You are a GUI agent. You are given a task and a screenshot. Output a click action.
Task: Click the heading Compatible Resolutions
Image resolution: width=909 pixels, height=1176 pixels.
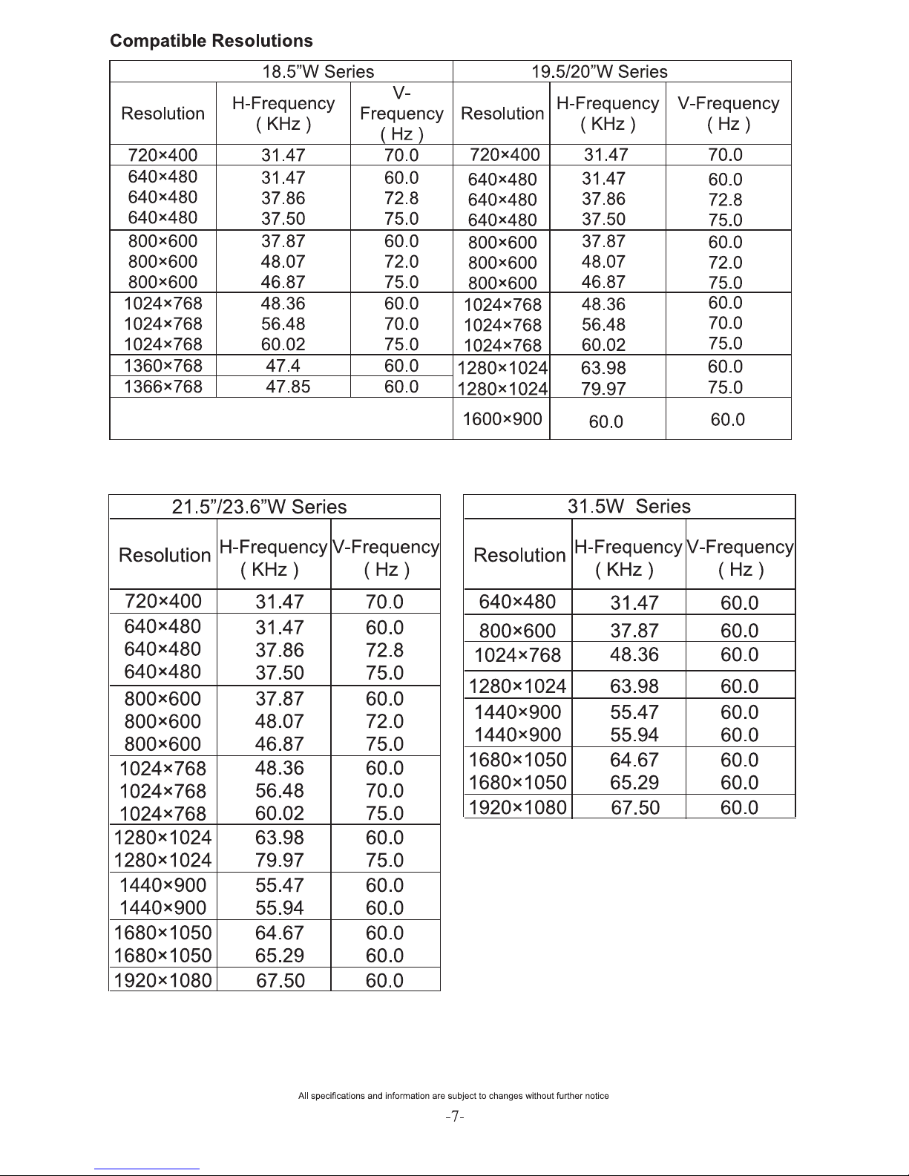click(x=211, y=41)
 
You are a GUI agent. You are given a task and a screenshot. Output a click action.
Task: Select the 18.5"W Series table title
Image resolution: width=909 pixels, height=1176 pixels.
click(x=318, y=72)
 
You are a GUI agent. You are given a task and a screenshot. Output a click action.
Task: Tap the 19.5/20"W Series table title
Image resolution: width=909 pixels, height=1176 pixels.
click(x=600, y=72)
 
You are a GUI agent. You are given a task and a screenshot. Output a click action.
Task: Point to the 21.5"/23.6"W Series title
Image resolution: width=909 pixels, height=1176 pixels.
click(x=259, y=507)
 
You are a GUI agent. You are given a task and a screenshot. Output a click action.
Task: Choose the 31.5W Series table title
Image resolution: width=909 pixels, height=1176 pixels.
click(x=629, y=507)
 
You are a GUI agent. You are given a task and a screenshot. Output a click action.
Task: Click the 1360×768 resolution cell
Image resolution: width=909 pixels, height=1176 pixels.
click(x=163, y=366)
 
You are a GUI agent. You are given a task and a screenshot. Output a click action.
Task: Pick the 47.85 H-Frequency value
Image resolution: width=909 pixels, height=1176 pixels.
click(x=288, y=387)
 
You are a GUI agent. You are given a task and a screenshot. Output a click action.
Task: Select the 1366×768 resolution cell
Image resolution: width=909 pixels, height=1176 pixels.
click(x=163, y=387)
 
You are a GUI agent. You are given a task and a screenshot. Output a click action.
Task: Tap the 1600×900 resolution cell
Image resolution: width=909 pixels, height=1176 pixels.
click(x=502, y=419)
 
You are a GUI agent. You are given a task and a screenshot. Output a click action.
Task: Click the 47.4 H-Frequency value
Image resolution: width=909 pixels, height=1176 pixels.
click(x=283, y=366)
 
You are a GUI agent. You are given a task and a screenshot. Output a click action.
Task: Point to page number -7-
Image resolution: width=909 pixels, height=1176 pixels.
click(x=455, y=1117)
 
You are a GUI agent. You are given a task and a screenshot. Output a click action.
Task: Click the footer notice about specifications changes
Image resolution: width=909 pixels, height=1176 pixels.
click(x=453, y=1096)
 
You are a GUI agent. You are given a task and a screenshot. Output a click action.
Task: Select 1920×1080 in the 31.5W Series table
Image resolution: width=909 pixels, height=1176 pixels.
click(x=518, y=807)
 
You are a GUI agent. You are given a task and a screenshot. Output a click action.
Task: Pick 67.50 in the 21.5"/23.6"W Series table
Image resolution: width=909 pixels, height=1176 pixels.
click(x=280, y=980)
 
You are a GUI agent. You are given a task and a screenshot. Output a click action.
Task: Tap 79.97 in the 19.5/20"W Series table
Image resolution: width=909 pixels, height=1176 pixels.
click(x=603, y=389)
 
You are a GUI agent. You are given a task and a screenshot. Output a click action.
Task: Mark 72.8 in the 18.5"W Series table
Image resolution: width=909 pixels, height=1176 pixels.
click(x=401, y=198)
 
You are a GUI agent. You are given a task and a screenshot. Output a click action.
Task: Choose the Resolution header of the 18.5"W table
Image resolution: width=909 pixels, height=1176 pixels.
click(x=163, y=114)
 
